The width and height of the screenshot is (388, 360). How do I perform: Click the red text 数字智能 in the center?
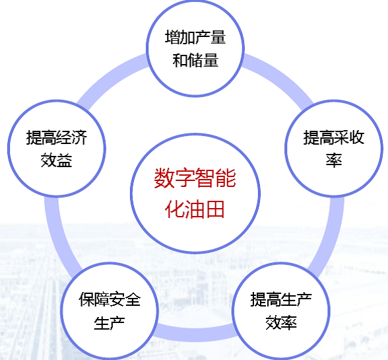coord(195,178)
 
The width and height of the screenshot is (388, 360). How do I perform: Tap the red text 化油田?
coord(195,209)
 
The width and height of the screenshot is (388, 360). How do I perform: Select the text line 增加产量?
coord(195,37)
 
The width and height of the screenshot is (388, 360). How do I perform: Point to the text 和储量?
coord(195,60)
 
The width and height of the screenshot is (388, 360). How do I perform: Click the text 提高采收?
coord(334,137)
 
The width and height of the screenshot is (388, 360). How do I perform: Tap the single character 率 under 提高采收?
coord(334,161)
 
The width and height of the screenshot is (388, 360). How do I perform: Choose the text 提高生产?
coord(281,299)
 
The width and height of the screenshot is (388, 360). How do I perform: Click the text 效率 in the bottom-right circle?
coord(281,322)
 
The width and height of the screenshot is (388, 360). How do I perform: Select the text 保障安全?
coord(110,299)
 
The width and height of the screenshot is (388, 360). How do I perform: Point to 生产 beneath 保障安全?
coord(109,322)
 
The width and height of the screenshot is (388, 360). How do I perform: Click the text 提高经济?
coord(57,137)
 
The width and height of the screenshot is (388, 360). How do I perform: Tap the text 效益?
coord(57,161)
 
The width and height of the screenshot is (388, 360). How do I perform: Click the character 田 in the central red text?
coord(215,209)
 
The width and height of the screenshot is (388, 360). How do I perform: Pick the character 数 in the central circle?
coord(164,178)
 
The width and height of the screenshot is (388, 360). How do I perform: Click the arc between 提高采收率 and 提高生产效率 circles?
coord(331,235)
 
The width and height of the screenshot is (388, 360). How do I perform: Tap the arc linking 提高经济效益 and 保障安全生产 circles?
coord(57,235)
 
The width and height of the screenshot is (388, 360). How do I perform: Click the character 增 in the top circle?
coord(172,37)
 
